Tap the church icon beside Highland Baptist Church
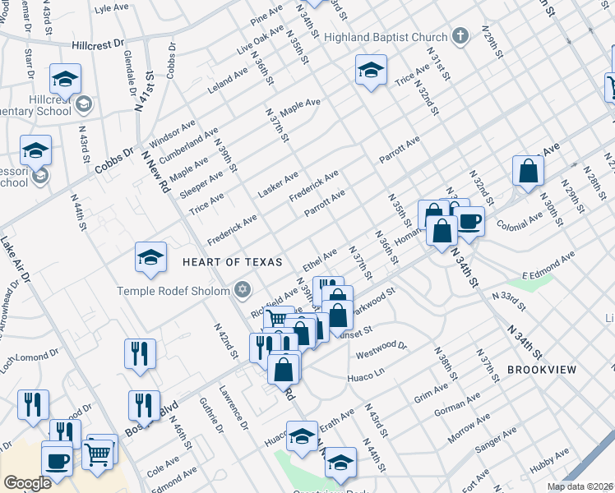(460, 37)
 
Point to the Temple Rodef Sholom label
(174, 290)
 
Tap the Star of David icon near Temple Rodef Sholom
(242, 289)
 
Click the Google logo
(27, 483)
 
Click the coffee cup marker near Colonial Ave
(470, 221)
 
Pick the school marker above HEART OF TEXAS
(151, 258)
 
